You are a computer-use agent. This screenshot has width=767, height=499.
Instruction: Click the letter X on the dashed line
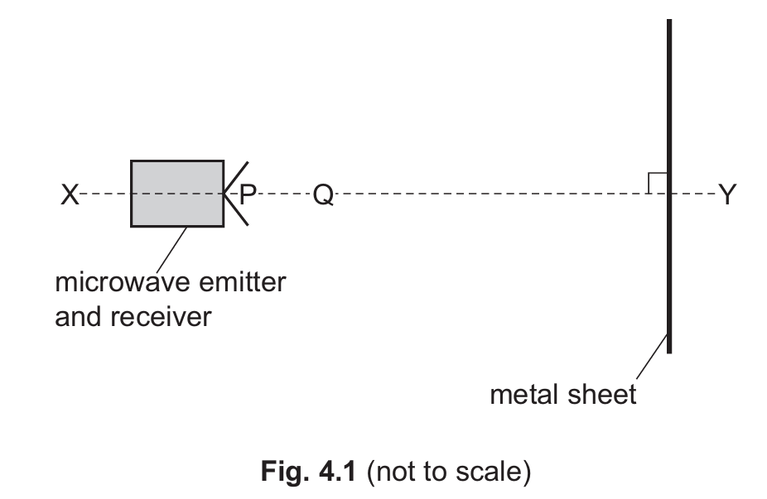click(x=70, y=194)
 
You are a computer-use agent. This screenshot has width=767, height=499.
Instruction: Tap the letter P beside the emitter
click(x=248, y=194)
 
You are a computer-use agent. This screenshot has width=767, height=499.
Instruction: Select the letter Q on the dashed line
click(x=323, y=194)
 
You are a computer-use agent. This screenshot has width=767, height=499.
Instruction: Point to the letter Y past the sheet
click(x=727, y=194)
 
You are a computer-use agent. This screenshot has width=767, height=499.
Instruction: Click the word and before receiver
click(x=79, y=315)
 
